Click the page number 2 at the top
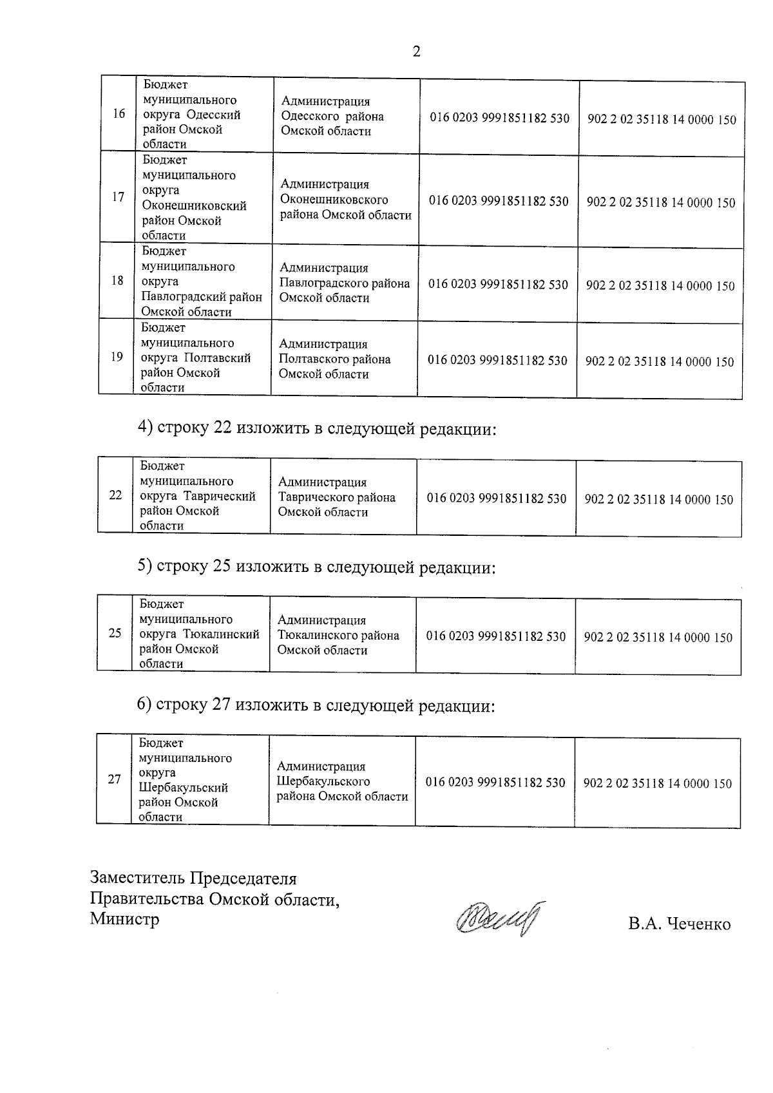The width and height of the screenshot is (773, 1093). point(416,52)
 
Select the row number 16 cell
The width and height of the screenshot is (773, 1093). point(119,114)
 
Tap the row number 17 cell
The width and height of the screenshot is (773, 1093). point(118,197)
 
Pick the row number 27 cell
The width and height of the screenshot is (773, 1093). point(115,779)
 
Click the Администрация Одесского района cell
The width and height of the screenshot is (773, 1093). point(332,117)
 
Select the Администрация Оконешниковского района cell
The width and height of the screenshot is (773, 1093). point(345,200)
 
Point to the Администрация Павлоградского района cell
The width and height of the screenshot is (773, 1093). point(344,283)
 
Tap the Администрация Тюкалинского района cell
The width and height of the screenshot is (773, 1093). point(338,635)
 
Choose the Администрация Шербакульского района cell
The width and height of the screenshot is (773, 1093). point(342,781)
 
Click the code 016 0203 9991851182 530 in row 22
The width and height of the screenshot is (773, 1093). point(497,498)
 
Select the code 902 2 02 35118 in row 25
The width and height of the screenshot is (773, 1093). point(658,637)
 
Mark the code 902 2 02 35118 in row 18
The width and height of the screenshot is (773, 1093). point(660,285)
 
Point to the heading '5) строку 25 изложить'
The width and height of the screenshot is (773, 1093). point(316,567)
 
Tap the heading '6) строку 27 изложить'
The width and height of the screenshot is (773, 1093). point(316,706)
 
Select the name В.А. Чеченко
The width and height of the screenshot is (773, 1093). point(680,925)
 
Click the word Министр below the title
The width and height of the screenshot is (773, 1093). point(124,918)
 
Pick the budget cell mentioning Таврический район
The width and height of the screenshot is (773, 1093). point(198,496)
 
